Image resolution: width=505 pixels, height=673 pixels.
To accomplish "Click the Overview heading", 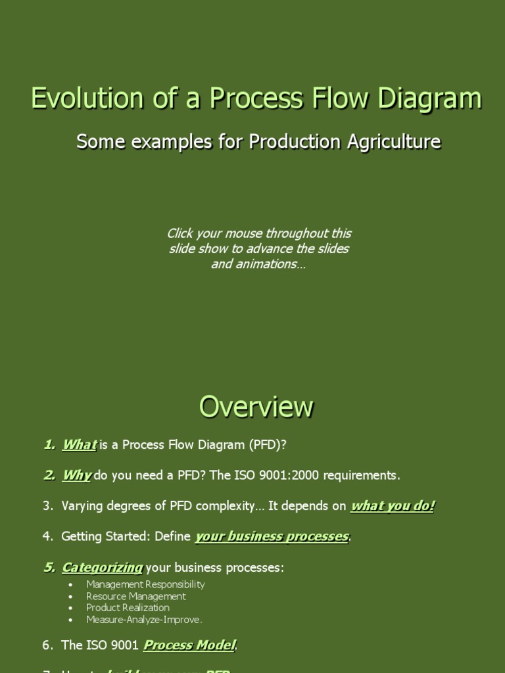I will point(256,407).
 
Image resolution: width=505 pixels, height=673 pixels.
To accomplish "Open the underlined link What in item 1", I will point(79,445).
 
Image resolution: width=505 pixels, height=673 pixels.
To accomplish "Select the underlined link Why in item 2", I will point(76,475).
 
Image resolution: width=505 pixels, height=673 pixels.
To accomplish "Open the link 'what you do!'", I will point(393,505).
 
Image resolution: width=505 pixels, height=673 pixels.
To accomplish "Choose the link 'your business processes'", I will point(272,536).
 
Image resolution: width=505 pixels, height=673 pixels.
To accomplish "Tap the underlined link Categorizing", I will point(102,567).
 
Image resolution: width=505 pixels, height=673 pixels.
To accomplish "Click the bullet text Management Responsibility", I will point(145,584).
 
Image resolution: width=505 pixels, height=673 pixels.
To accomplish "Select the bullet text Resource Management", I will point(136,596).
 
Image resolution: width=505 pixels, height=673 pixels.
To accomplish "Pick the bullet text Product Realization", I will point(128,608).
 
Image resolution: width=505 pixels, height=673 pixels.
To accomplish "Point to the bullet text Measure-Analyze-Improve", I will point(144,620).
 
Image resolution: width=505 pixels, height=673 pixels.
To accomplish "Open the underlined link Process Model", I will point(189,645).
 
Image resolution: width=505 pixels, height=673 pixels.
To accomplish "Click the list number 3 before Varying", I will point(47,506).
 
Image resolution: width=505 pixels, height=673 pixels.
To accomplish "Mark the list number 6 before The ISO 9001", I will point(47,645).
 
